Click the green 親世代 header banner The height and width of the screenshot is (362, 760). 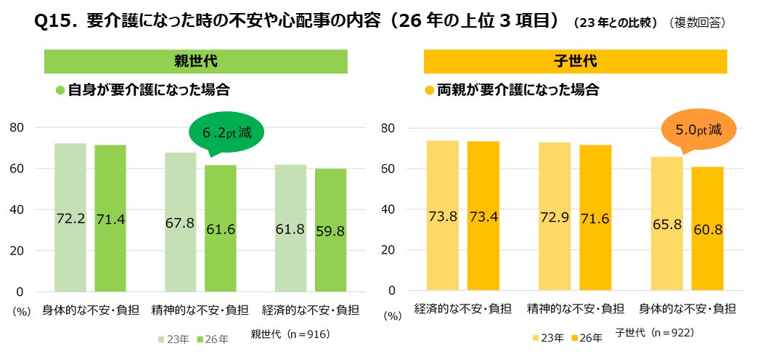tap(196, 62)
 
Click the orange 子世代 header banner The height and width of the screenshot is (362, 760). tap(576, 62)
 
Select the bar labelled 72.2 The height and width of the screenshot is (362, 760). tap(70, 217)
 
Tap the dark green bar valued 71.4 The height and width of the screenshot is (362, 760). tap(110, 218)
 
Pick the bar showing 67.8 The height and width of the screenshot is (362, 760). tap(180, 222)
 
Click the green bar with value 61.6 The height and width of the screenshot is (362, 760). tap(221, 228)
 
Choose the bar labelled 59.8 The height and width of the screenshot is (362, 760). tap(330, 230)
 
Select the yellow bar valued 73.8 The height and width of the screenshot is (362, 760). tap(443, 215)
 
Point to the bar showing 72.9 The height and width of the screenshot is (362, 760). tap(555, 217)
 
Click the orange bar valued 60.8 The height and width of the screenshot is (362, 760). tap(707, 229)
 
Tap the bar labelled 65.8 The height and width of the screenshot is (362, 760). tap(667, 224)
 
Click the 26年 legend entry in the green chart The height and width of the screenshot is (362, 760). tap(213, 339)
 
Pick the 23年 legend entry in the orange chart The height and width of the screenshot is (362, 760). tap(548, 338)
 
